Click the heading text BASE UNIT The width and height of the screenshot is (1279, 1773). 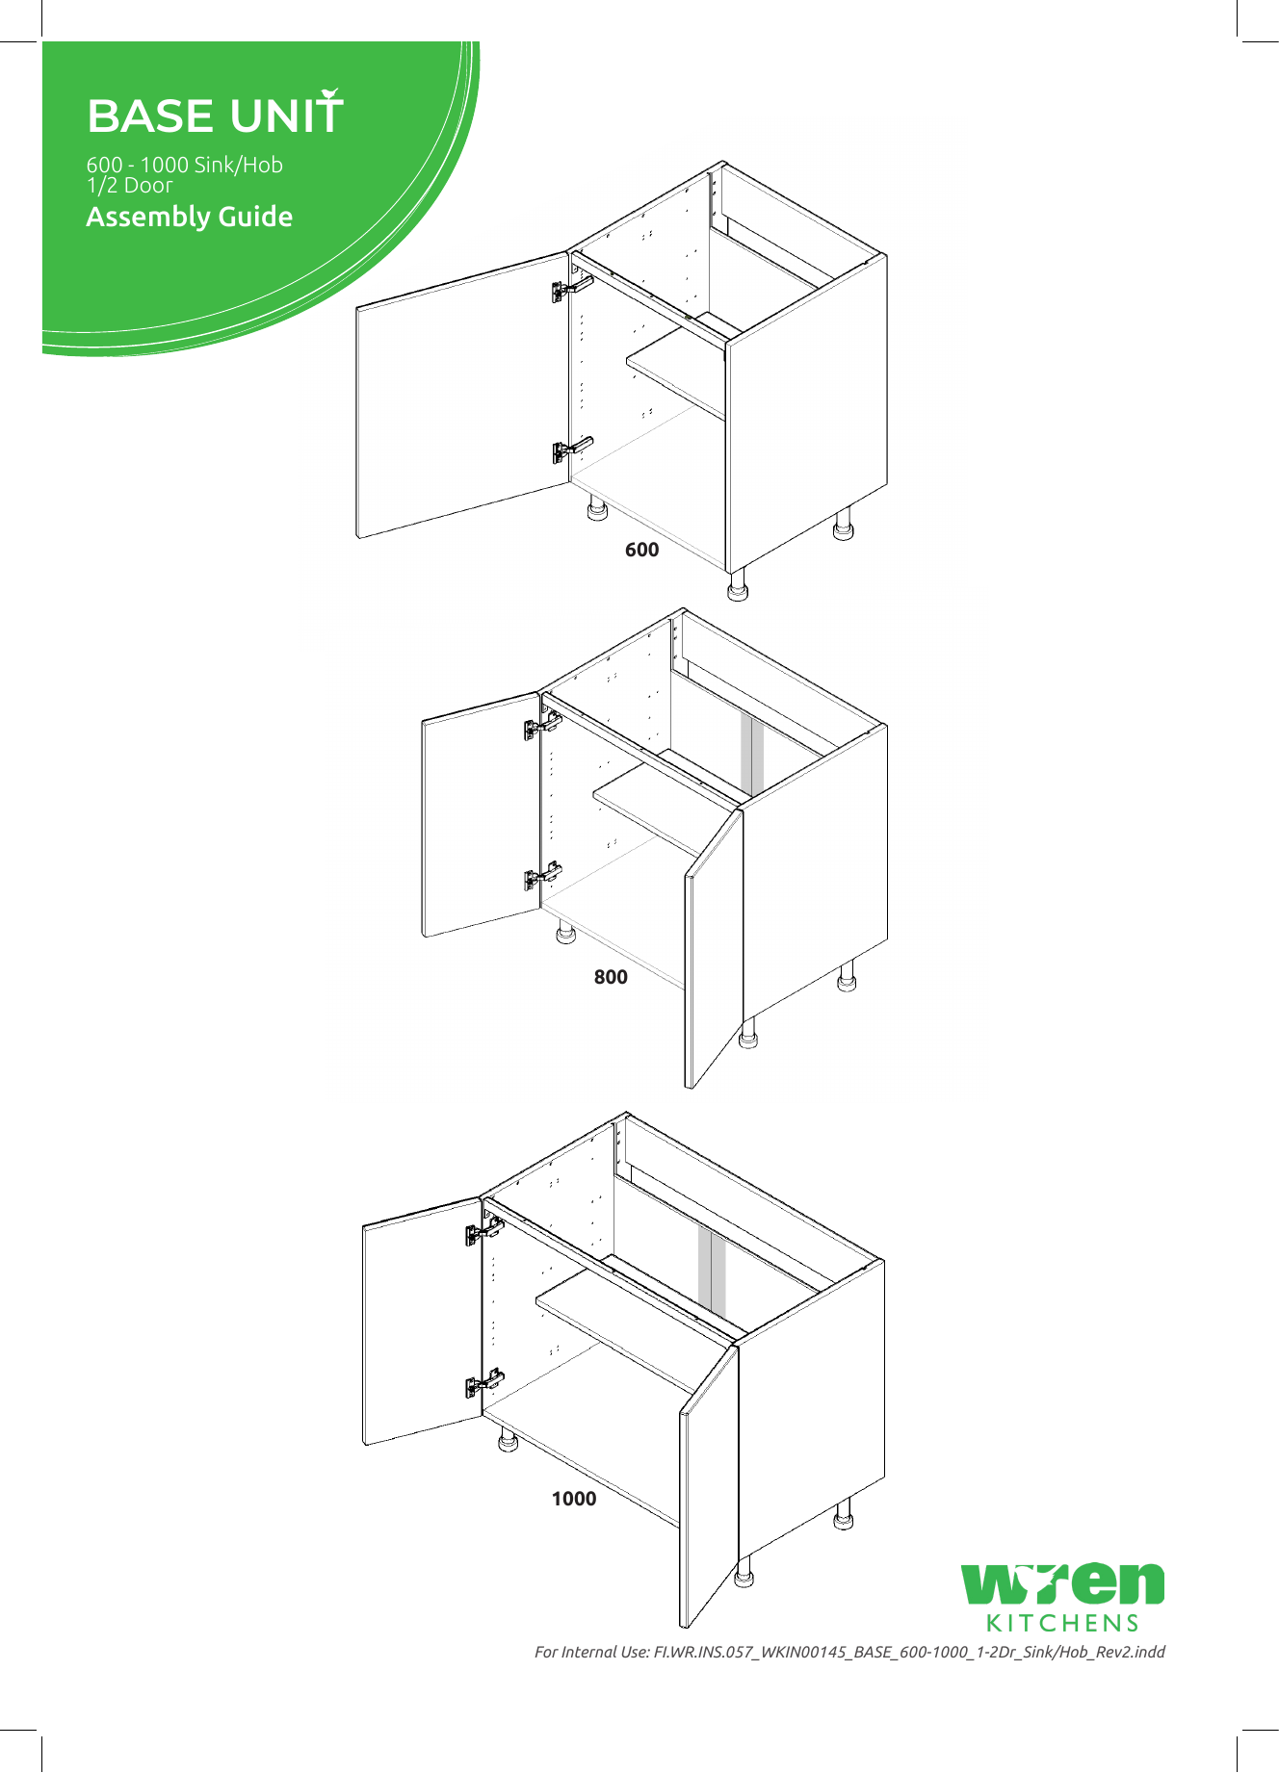point(214,116)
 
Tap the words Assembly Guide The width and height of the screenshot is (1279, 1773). point(189,217)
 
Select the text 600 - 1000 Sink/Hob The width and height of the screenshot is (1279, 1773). point(184,165)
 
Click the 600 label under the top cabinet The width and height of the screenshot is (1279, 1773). point(641,550)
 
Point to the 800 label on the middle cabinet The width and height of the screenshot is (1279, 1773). point(611,977)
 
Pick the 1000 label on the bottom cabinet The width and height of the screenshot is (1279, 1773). point(574,1499)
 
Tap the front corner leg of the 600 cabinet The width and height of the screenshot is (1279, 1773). point(738,585)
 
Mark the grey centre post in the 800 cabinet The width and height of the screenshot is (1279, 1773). point(752,756)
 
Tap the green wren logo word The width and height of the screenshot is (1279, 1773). point(1062,1583)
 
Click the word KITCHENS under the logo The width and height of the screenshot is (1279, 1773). point(1062,1623)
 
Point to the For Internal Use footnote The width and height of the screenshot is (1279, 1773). point(849,1652)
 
